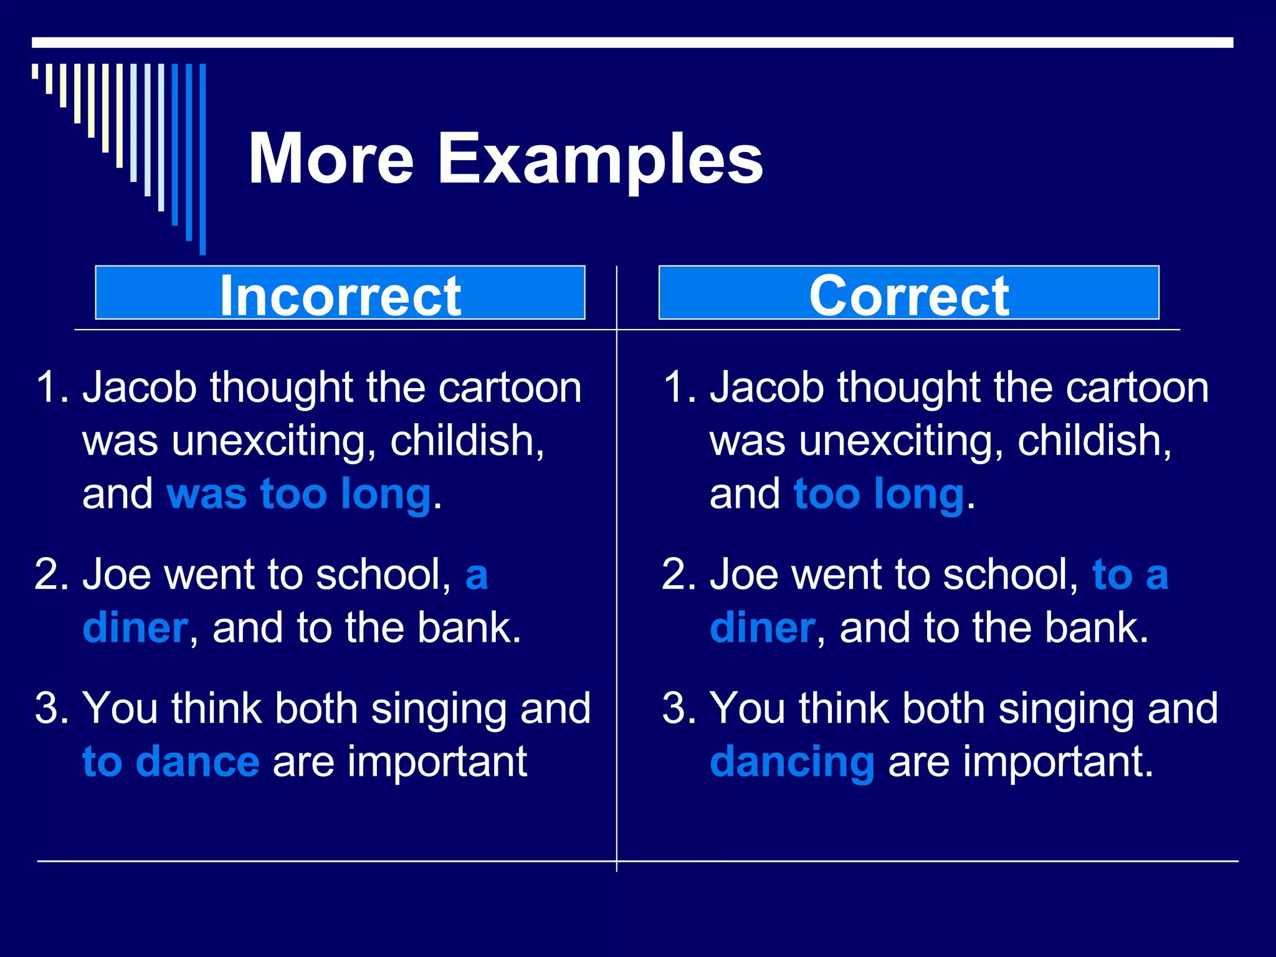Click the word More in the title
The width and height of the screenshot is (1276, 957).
pos(331,159)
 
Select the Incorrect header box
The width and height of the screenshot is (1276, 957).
pos(340,293)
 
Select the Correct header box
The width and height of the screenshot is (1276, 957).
pos(908,293)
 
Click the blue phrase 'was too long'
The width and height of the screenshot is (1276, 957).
pos(299,494)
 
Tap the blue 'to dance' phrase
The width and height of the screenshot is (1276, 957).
pos(171,761)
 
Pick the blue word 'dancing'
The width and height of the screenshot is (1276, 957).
pos(792,761)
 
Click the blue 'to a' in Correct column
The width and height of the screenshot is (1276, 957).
pos(1130,574)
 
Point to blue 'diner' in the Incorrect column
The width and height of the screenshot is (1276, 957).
pos(135,627)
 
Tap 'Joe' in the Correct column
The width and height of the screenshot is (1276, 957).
pos(744,574)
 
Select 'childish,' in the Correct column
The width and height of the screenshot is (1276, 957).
pos(1094,441)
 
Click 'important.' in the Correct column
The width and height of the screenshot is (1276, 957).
pos(1058,761)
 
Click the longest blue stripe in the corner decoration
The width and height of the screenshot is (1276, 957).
pos(202,159)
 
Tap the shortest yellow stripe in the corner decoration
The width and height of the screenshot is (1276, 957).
pos(35,71)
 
